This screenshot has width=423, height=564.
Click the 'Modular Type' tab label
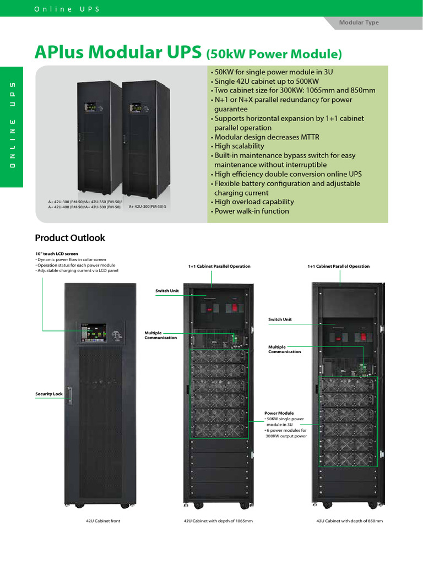click(x=359, y=23)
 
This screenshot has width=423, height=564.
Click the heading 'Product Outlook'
click(x=70, y=238)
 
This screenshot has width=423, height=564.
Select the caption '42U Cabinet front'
click(x=103, y=520)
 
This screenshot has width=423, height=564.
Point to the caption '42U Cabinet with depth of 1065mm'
click(x=218, y=520)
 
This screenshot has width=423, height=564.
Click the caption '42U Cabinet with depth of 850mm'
click(x=349, y=520)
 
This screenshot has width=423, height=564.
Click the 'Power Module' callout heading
click(x=279, y=413)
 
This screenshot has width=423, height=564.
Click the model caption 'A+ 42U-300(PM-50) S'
click(x=148, y=207)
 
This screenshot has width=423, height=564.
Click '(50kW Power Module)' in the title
click(x=274, y=54)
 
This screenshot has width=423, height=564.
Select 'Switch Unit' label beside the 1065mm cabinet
click(x=167, y=290)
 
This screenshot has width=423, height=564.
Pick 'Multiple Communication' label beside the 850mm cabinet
click(x=285, y=349)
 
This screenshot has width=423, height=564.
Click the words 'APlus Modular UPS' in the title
click(x=118, y=52)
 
